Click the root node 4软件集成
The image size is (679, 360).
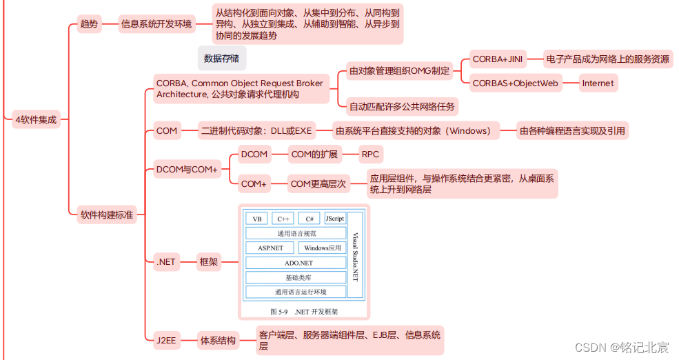36,119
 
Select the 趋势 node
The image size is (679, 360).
89,24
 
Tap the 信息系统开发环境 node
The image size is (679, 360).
156,24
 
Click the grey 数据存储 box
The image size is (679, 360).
222,59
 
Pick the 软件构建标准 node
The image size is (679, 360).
107,215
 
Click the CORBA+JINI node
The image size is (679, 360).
497,59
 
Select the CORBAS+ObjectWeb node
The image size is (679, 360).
515,83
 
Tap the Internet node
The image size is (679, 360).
597,83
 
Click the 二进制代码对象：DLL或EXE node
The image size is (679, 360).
256,130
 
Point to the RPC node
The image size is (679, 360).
370,154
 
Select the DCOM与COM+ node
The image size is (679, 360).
186,169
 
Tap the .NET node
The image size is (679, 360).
166,261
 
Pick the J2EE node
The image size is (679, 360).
166,340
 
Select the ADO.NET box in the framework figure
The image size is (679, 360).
298,263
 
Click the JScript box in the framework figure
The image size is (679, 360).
335,219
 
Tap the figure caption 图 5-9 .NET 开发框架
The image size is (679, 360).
304,312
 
